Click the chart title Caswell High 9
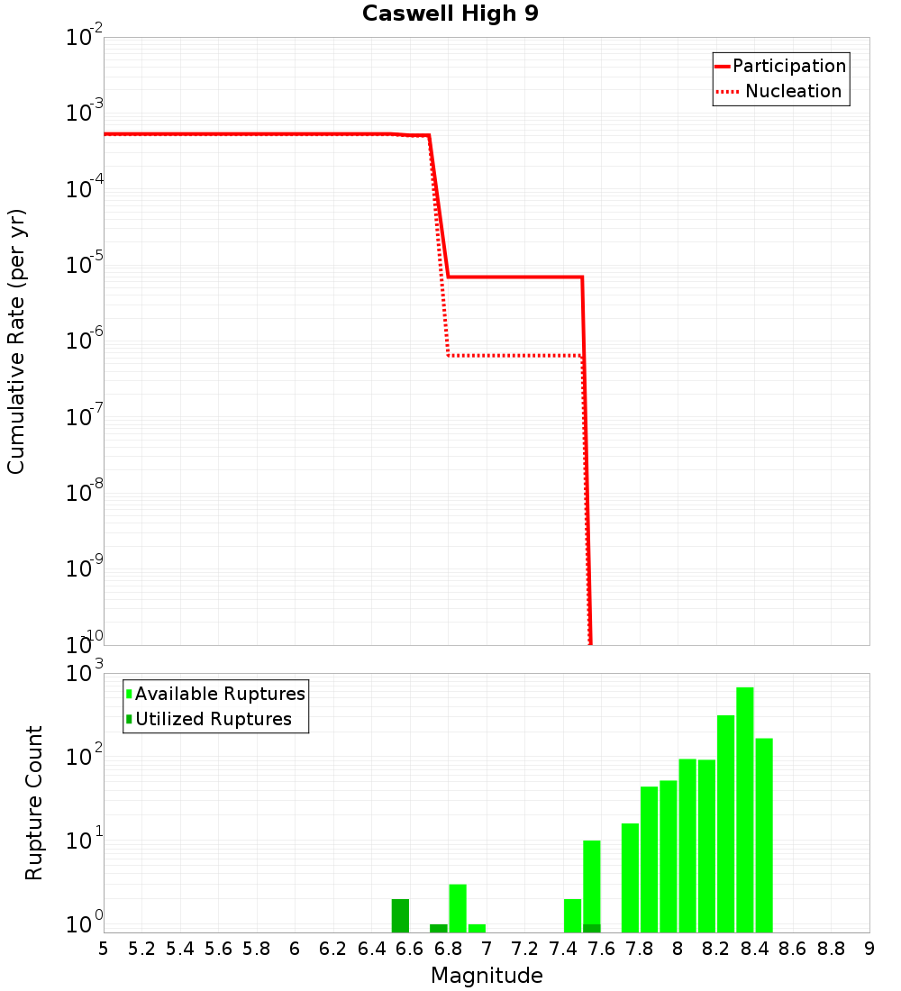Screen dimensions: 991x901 click(x=450, y=14)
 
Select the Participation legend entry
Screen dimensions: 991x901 click(x=788, y=66)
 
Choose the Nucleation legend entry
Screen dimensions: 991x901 click(x=792, y=91)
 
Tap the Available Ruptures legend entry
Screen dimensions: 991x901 click(x=220, y=694)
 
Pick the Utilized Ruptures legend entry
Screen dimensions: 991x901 click(x=213, y=719)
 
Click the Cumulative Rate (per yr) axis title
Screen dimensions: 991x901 click(x=16, y=341)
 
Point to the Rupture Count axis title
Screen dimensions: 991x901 click(x=34, y=803)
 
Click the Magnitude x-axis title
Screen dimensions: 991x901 click(x=487, y=975)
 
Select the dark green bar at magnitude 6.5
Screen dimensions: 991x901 click(x=400, y=915)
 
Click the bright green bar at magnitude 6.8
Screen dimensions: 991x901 click(x=458, y=908)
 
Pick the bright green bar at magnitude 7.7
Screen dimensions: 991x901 click(x=630, y=877)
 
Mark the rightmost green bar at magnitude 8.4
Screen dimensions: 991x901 click(x=764, y=834)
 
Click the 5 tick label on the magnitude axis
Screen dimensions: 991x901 click(x=104, y=949)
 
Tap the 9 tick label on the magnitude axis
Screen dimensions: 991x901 click(x=869, y=949)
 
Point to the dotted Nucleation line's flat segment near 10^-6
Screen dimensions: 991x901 click(x=514, y=356)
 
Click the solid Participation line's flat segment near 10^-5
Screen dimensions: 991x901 click(x=514, y=277)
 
